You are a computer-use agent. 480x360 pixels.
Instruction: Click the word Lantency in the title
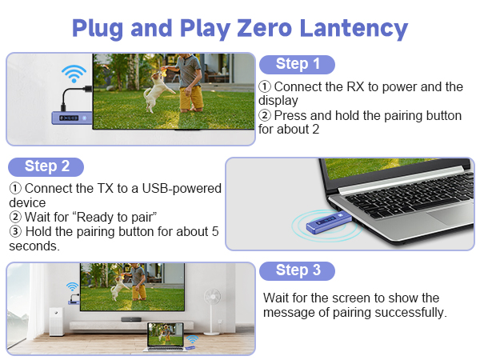[354, 29]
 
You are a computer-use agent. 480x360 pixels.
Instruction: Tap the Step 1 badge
[297, 65]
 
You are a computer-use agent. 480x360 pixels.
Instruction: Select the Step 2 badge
[46, 167]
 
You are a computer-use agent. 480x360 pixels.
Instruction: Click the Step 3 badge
[297, 271]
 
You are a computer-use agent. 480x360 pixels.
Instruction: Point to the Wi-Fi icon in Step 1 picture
[74, 74]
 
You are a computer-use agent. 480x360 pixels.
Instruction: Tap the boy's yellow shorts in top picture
[191, 98]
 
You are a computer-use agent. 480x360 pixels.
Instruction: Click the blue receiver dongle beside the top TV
[72, 118]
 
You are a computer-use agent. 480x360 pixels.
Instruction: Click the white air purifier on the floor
[56, 321]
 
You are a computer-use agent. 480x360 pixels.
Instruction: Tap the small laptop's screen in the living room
[166, 334]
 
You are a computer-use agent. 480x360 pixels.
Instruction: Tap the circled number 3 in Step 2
[15, 231]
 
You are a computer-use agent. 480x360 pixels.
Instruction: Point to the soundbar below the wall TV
[131, 319]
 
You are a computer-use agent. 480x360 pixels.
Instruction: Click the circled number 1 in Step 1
[265, 86]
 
